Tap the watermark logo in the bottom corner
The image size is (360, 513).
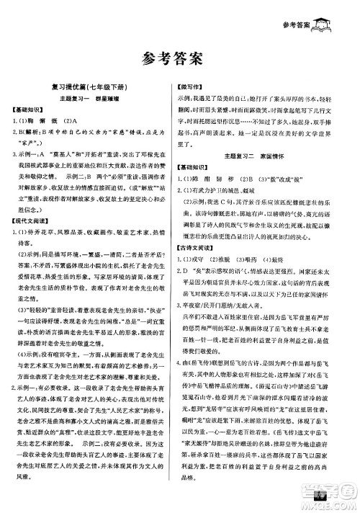click(337, 495)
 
